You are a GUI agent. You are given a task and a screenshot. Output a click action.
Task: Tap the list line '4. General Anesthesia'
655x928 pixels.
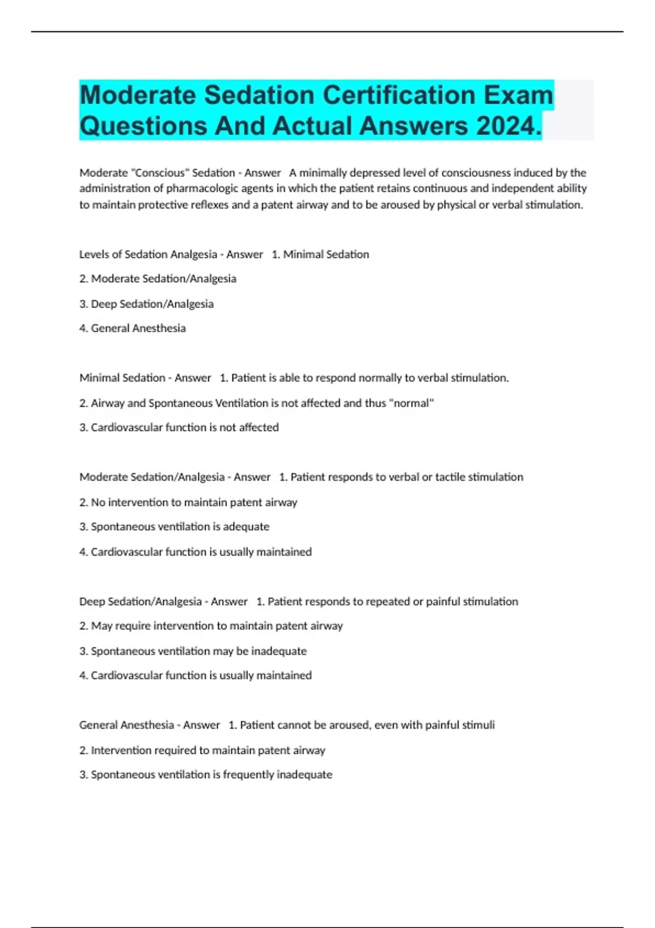[133, 328]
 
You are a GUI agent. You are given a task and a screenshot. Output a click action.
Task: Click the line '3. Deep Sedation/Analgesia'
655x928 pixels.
[146, 304]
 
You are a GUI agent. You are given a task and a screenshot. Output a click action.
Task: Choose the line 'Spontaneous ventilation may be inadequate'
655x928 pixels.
[193, 651]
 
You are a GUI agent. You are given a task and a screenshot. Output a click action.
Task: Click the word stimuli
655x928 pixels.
[478, 725]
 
